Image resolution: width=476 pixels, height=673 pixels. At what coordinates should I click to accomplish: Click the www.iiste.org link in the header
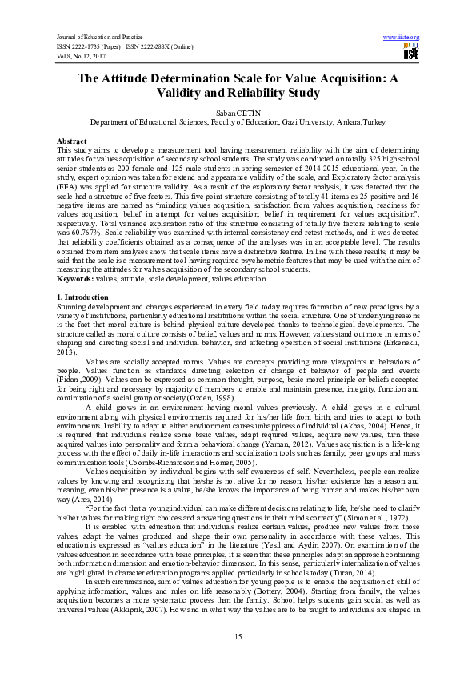click(x=402, y=38)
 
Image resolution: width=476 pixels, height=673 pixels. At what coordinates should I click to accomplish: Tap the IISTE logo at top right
click(x=411, y=53)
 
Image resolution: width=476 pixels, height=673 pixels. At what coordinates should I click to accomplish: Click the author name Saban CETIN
click(x=238, y=115)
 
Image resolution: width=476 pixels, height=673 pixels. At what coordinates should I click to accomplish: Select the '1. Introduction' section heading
click(x=85, y=297)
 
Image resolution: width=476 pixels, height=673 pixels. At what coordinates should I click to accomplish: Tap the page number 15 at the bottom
click(x=238, y=635)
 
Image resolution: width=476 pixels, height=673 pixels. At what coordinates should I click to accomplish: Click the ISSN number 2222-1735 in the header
click(x=90, y=46)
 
